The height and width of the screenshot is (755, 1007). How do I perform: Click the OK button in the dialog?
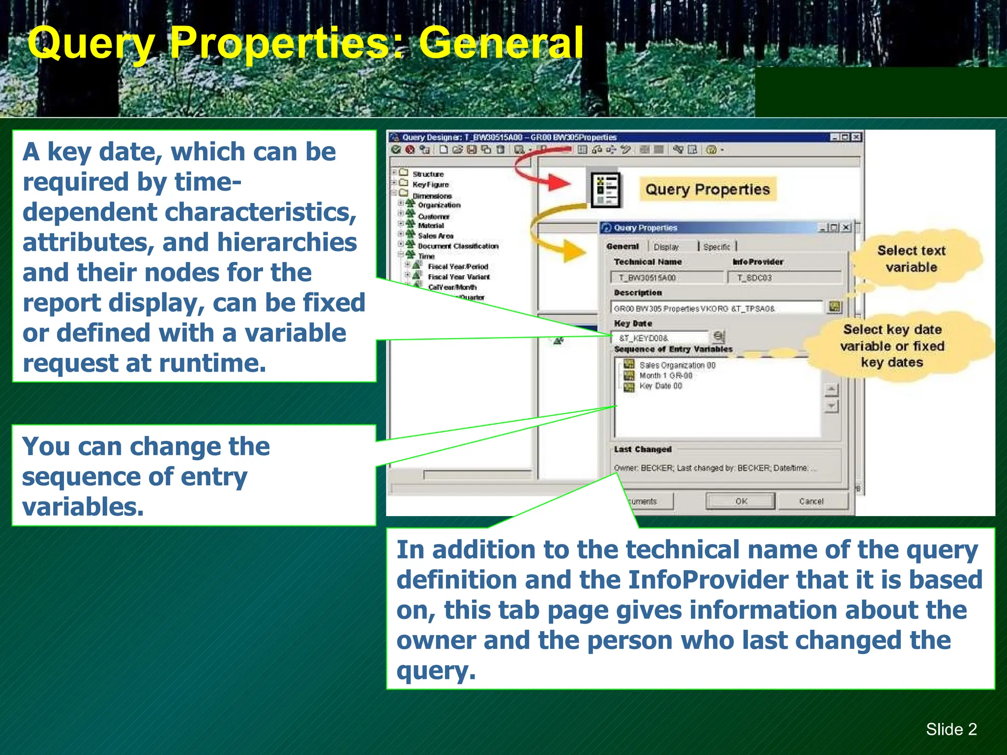(740, 501)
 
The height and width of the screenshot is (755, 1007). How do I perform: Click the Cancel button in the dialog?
(811, 501)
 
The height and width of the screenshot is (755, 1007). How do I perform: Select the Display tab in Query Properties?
(666, 247)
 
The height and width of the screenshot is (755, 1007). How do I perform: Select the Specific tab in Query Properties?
(716, 247)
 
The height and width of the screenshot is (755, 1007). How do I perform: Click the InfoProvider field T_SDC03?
(784, 278)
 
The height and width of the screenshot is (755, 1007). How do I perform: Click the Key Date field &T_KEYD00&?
(659, 338)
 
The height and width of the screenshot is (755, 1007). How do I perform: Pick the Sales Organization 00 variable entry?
(677, 365)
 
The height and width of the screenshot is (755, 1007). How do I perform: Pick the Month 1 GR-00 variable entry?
(665, 376)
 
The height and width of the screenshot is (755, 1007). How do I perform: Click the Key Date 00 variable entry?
(660, 386)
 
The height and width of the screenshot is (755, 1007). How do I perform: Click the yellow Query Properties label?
(707, 189)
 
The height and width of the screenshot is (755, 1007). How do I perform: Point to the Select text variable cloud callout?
(911, 259)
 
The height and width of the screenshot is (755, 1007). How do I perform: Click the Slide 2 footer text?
(951, 729)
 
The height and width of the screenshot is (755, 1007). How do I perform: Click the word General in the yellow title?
(501, 43)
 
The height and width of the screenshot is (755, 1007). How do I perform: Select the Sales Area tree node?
(435, 236)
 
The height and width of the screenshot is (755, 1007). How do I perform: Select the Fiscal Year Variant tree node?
(458, 277)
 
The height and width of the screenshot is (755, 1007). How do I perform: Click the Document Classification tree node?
(458, 246)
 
